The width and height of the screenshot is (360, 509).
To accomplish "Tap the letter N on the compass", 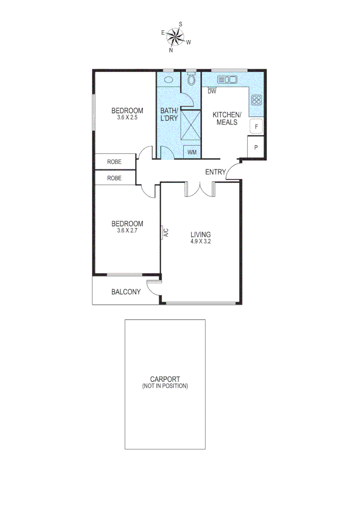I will (171, 50).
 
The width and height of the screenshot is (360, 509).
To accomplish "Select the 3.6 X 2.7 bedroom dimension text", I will (127, 231).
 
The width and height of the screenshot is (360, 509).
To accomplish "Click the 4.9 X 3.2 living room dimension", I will (200, 242).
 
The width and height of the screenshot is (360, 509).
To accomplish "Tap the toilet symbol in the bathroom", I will (191, 80).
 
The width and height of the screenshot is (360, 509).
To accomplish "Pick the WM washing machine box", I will (192, 152).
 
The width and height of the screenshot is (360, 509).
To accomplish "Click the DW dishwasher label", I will (212, 91).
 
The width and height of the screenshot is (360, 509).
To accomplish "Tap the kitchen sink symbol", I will (227, 80).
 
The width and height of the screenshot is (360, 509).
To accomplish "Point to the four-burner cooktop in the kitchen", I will (257, 99).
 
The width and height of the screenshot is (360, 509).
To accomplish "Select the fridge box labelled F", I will (256, 127).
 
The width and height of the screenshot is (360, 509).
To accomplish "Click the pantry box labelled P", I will (256, 148).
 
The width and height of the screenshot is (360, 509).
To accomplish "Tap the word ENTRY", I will (215, 172).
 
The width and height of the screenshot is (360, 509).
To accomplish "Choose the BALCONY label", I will (126, 292).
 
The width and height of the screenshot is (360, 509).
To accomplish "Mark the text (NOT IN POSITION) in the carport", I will (165, 386).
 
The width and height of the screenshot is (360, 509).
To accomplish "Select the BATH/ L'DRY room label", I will (169, 115).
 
